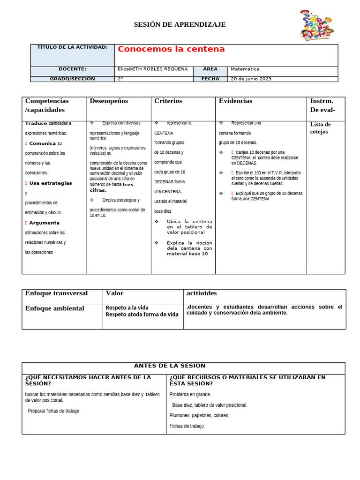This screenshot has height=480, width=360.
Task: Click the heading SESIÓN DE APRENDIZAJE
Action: click(180, 24)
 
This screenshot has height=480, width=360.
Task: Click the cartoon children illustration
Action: click(317, 25)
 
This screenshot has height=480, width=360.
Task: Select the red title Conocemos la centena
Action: click(171, 49)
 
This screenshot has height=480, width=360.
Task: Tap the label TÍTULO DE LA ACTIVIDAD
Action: click(72, 47)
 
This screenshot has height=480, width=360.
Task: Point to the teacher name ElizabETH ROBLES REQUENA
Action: click(153, 69)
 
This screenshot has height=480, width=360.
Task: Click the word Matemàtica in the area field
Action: click(245, 69)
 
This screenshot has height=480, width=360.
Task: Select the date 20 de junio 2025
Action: click(251, 79)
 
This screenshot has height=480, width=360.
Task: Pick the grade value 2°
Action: click(120, 79)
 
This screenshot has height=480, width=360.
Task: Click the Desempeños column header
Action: click(109, 101)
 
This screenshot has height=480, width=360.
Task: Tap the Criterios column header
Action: click(168, 101)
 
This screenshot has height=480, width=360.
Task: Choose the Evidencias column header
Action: click(235, 101)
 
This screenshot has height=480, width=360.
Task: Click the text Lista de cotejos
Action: click(320, 128)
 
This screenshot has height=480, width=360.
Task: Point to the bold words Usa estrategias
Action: click(51, 183)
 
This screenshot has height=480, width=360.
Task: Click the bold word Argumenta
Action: click(45, 223)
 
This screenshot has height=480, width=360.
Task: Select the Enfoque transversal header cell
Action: click(56, 293)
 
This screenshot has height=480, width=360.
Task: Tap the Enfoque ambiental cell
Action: click(54, 308)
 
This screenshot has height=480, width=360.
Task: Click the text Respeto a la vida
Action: click(127, 308)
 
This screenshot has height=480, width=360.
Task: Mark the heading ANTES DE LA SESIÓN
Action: click(170, 366)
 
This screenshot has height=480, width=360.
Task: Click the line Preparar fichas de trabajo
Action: click(53, 411)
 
